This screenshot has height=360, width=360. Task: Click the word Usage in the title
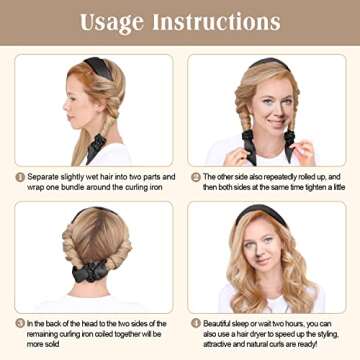(113, 21)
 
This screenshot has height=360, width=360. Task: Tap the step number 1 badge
(20, 176)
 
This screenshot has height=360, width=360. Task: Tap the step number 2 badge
(196, 176)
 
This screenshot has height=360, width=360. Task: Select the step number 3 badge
(20, 323)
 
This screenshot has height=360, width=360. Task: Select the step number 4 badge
(196, 323)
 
